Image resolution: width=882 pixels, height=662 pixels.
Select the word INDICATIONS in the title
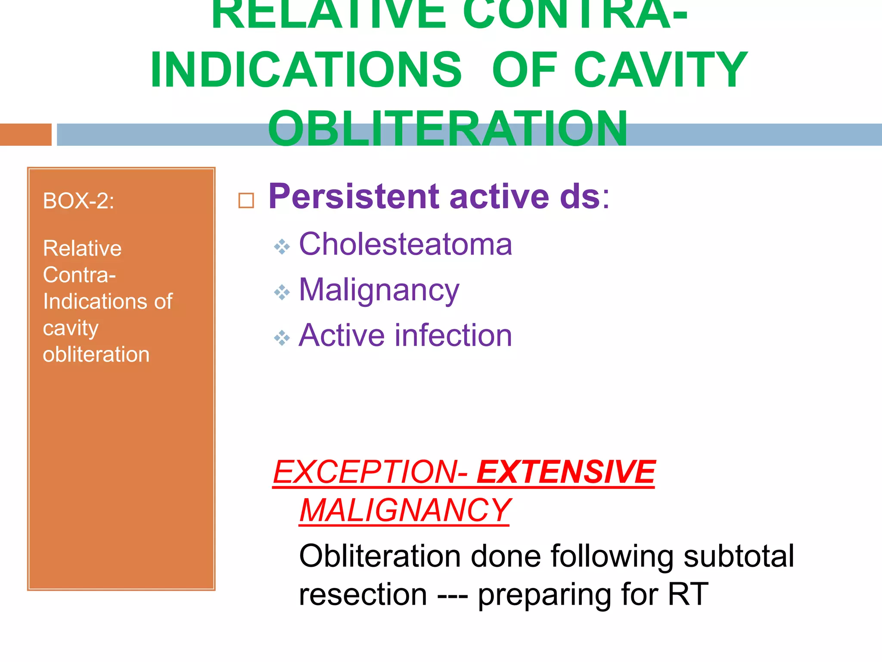(306, 70)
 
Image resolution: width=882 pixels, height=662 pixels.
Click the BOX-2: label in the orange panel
(79, 201)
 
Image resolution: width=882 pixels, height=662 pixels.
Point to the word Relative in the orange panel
(82, 248)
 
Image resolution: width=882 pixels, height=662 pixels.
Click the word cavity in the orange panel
(71, 328)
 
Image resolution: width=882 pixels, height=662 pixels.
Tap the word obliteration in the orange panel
(96, 354)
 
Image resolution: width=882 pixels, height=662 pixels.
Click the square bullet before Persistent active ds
(246, 200)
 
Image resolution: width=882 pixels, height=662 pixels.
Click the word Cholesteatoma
(405, 244)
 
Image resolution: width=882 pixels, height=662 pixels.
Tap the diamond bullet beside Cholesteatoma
(282, 247)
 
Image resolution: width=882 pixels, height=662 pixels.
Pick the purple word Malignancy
(379, 290)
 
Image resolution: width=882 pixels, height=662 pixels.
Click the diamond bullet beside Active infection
(282, 337)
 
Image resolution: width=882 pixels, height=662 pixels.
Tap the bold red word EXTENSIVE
(566, 472)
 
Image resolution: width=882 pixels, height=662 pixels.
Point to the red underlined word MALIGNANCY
(405, 510)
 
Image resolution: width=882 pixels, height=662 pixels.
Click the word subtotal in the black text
(738, 556)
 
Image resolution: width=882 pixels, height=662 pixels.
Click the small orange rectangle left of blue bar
(26, 134)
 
